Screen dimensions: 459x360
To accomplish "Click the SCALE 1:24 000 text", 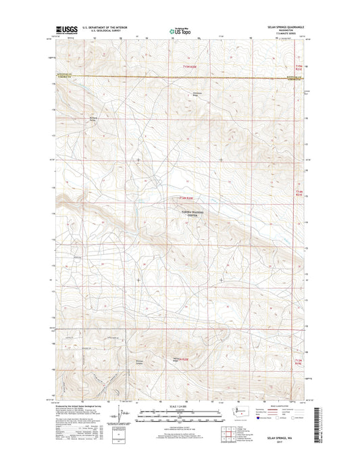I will pyautogui.click(x=179, y=406).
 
